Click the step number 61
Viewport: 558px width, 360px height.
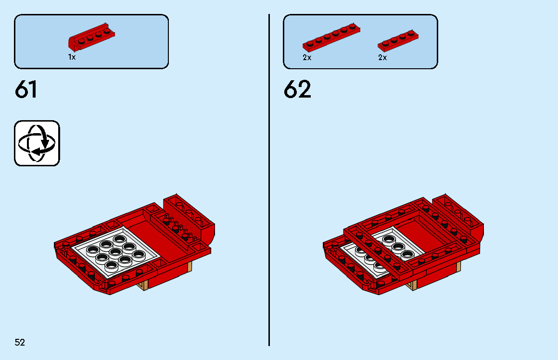[26, 90]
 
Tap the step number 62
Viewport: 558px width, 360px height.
[297, 90]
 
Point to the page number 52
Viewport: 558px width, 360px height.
[20, 342]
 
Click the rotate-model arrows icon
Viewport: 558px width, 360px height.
[37, 143]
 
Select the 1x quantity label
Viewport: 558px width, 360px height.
[72, 57]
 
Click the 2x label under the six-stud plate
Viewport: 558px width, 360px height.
[307, 58]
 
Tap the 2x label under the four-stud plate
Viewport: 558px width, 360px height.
[382, 58]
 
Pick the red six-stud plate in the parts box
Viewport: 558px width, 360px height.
[331, 37]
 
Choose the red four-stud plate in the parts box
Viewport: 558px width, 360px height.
[397, 40]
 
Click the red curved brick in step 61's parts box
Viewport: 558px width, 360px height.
[91, 38]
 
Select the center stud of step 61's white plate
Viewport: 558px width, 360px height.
[115, 251]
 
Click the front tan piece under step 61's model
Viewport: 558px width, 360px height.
[143, 286]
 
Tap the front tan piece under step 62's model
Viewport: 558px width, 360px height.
[412, 286]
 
